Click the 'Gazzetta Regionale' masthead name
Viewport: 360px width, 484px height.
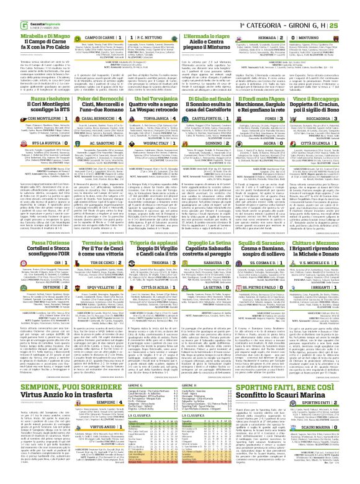coord(28,6)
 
